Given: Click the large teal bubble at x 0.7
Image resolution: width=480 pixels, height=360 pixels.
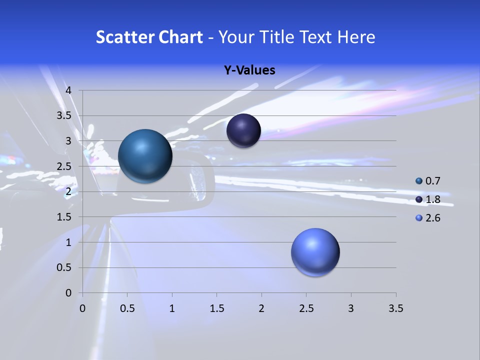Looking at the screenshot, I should click(x=145, y=156).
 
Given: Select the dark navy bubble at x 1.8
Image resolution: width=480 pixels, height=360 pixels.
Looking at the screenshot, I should click(x=243, y=130).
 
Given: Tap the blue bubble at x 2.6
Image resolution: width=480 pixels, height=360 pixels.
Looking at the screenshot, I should click(x=315, y=252).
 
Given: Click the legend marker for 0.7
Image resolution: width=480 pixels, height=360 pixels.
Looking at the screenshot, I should click(x=419, y=181).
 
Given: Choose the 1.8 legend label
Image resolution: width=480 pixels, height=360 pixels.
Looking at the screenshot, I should click(x=432, y=199).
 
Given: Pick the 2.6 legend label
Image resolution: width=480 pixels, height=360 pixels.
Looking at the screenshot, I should click(x=432, y=218).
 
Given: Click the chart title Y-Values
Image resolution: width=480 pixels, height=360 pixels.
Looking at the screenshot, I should click(x=249, y=70).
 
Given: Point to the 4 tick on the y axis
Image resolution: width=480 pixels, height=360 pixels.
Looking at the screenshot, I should click(x=69, y=90).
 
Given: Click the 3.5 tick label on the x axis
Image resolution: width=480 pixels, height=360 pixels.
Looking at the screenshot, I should click(x=395, y=309).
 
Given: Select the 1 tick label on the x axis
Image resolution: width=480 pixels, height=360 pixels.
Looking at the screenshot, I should click(x=172, y=309).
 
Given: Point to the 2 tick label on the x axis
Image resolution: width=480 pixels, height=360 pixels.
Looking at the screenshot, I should click(x=261, y=309).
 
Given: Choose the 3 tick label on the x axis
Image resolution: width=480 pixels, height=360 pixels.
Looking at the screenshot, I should click(x=351, y=309).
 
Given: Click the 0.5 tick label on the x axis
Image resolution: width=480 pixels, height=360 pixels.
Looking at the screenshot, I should click(x=127, y=309).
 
